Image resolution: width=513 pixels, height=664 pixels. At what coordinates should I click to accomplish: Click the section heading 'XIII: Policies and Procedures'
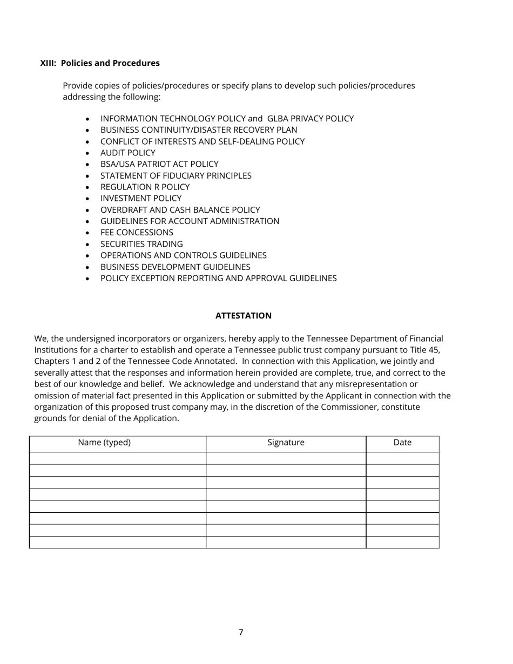coord(100,63)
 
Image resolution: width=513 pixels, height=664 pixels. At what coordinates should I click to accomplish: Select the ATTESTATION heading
coord(243,316)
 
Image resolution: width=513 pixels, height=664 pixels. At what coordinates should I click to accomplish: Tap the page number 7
coord(241,632)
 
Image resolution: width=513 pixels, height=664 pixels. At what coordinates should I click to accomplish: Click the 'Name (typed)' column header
coord(104,443)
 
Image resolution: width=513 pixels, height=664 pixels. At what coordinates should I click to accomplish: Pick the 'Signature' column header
coord(286,443)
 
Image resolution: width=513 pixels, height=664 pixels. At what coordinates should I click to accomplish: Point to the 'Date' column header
coord(402,443)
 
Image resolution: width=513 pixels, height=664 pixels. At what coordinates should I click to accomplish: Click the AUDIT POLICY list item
coord(127,153)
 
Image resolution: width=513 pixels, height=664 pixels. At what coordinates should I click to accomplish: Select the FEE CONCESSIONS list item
coord(137,233)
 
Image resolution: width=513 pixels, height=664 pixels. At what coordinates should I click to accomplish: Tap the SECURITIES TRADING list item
coord(141,244)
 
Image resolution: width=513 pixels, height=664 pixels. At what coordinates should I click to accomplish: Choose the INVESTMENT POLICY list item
coord(140,198)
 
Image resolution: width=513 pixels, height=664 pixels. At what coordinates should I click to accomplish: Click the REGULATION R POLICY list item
coord(145,187)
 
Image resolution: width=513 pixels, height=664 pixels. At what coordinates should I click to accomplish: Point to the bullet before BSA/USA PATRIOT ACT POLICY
coord(88,165)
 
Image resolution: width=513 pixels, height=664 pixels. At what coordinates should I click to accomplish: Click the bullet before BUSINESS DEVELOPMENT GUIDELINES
coord(88,267)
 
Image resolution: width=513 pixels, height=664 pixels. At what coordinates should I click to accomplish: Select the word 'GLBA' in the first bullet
coord(278,119)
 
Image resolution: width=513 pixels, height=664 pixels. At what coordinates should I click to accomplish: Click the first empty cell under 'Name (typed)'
coord(117,458)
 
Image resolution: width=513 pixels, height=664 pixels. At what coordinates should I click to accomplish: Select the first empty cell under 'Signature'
coord(286,458)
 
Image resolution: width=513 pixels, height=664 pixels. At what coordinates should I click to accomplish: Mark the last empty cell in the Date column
coord(402,542)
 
